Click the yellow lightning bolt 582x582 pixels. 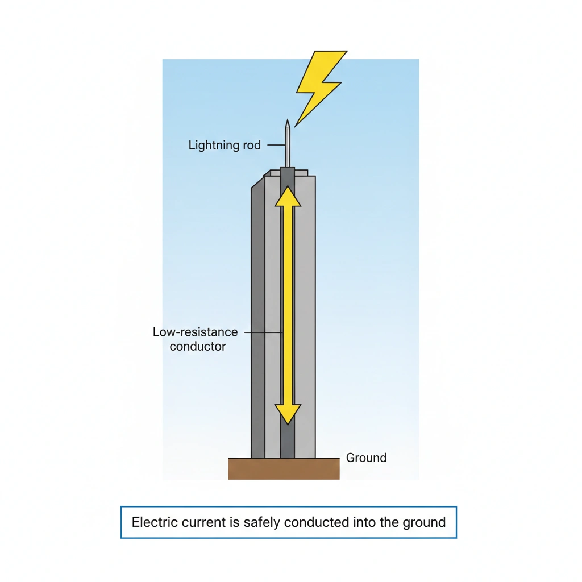tap(320, 85)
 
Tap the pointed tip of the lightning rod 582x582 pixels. tap(288, 122)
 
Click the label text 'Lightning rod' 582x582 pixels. tap(225, 145)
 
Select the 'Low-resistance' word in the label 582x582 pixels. tap(195, 332)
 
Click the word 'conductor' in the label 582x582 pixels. tap(198, 346)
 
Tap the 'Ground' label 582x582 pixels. tap(366, 458)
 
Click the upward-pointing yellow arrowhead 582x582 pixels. tap(288, 197)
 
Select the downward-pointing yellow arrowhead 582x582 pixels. tap(288, 413)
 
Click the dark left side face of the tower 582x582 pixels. tap(258, 318)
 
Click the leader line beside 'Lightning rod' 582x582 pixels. tap(275, 145)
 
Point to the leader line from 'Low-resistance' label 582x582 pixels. tap(263, 332)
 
